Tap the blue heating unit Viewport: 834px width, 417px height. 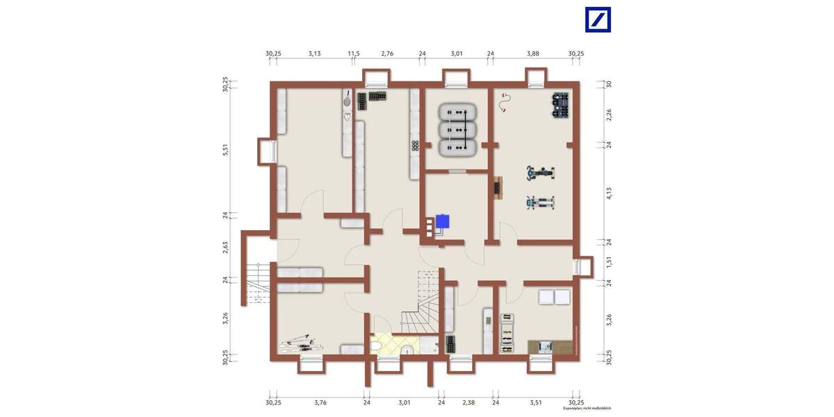[442, 222]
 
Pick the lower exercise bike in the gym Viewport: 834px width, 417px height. [540, 203]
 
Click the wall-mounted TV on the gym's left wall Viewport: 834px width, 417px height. [497, 188]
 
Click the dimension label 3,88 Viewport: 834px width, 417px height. [532, 53]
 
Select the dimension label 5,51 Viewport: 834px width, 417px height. [225, 149]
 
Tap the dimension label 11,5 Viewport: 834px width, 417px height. [354, 53]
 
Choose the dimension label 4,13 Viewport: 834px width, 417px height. [609, 193]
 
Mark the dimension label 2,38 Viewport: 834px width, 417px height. [468, 402]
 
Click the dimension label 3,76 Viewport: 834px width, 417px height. [320, 402]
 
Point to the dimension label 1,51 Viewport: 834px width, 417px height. [609, 262]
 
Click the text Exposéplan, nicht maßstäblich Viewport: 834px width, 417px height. [587, 409]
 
